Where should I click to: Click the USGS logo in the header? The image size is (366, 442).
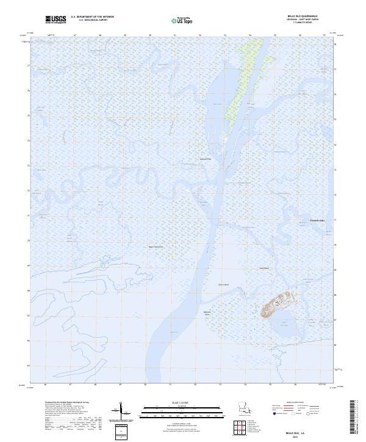56,20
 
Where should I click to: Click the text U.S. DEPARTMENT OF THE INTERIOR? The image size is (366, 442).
92,16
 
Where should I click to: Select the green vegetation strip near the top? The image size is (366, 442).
241,85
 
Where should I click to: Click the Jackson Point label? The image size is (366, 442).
205,160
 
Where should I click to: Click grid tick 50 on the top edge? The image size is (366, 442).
149,35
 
